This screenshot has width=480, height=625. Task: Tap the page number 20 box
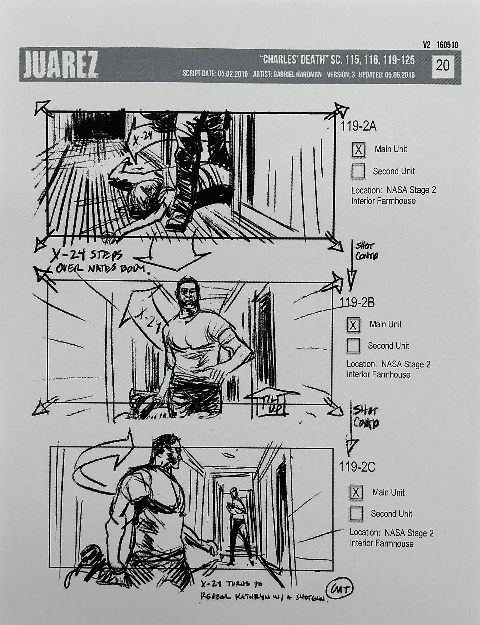click(x=443, y=66)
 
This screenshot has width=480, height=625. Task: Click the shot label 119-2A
click(x=358, y=127)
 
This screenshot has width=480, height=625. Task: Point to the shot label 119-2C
click(x=357, y=467)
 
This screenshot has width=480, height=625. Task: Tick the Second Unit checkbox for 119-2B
click(x=353, y=346)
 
